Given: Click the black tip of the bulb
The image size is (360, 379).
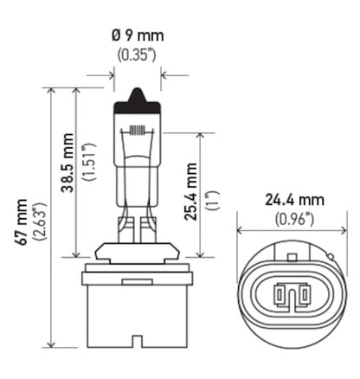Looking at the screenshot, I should coord(137,96).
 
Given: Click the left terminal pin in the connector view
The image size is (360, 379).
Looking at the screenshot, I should coord(280,297).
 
